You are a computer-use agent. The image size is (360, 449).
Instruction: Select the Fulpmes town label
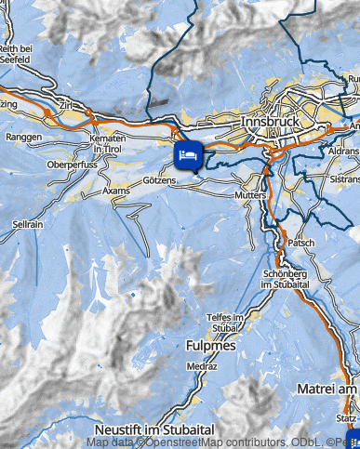(212, 345)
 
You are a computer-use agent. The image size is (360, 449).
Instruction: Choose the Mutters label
(252, 197)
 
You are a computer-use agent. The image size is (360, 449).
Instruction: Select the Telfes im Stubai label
(224, 323)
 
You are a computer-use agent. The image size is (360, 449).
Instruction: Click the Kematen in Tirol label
(109, 143)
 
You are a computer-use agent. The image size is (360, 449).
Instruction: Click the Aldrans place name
(343, 149)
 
